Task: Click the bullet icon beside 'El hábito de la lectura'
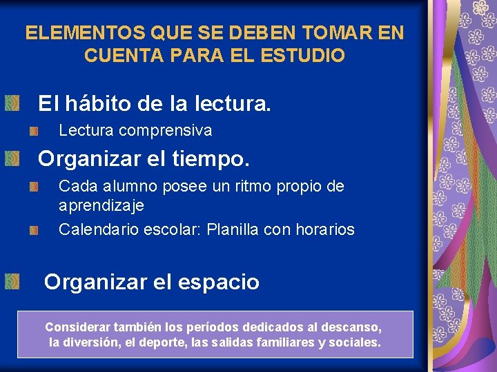[11, 104]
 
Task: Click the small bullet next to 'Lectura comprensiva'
[34, 130]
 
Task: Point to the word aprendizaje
[101, 205]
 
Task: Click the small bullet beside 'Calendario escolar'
[34, 230]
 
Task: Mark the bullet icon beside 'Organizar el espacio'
[11, 281]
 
